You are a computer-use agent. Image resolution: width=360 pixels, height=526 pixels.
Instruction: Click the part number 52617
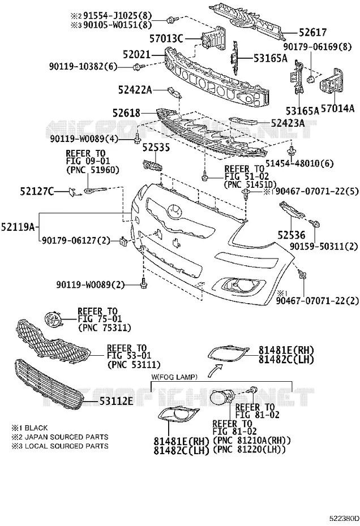(312, 32)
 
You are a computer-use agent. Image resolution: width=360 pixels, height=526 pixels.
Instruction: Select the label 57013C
(166, 39)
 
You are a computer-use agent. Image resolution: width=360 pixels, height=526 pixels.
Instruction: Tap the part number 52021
(136, 54)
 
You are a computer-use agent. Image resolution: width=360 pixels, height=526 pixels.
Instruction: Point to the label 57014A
(337, 109)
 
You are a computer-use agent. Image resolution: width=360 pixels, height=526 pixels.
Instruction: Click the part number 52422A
(135, 90)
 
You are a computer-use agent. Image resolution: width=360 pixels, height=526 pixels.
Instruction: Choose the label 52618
(127, 113)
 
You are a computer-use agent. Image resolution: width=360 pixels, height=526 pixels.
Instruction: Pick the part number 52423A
(288, 123)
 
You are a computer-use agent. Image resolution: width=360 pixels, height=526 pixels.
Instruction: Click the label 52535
(156, 148)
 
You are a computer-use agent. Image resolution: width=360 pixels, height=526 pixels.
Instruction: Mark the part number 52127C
(37, 192)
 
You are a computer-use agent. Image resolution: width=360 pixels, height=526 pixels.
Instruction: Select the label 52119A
(18, 227)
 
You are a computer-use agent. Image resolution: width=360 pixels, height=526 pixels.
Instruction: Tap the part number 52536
(292, 235)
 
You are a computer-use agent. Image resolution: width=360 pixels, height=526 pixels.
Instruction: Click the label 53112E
(116, 400)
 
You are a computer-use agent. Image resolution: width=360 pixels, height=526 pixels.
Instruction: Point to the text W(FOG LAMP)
(174, 377)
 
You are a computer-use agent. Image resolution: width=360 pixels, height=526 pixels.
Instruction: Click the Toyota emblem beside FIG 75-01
(53, 319)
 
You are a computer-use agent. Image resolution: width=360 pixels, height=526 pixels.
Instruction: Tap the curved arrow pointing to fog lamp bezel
(215, 370)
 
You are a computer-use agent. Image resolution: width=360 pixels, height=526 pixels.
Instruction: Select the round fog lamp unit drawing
(222, 398)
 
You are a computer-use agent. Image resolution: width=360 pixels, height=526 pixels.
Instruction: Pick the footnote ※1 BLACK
(30, 428)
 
